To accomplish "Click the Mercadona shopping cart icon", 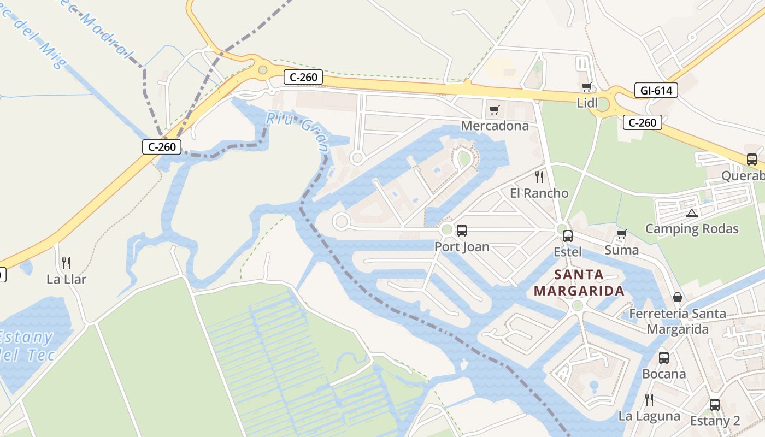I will (495, 110).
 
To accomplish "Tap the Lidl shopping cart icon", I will (587, 87).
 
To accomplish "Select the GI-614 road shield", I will (656, 91).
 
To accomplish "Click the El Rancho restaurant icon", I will (539, 177).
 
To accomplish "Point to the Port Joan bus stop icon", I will (462, 231).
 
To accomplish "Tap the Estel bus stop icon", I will (568, 236).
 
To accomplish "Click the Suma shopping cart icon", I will (621, 234).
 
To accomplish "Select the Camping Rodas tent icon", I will (692, 213).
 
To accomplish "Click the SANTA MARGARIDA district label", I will (579, 282).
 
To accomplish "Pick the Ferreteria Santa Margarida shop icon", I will (678, 298).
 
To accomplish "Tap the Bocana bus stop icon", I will (664, 358).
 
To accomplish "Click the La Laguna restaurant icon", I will (649, 400).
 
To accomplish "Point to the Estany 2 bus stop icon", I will (715, 405).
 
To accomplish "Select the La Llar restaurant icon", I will (66, 264).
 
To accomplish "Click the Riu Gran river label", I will (298, 131).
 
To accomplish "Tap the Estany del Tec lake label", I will (27, 346).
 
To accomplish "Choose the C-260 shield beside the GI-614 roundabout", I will (643, 122).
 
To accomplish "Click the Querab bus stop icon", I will (752, 160).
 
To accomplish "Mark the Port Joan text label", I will (462, 247).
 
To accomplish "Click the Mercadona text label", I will (495, 126).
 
